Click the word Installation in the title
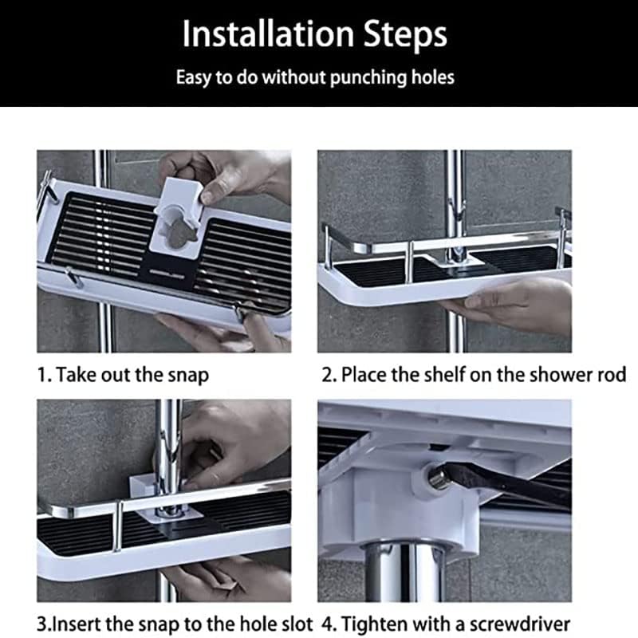268,33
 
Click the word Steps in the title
405,34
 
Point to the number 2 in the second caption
326,375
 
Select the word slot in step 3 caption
295,624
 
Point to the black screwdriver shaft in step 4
509,487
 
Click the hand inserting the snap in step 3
232,443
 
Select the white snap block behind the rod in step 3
142,486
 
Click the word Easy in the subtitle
193,77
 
